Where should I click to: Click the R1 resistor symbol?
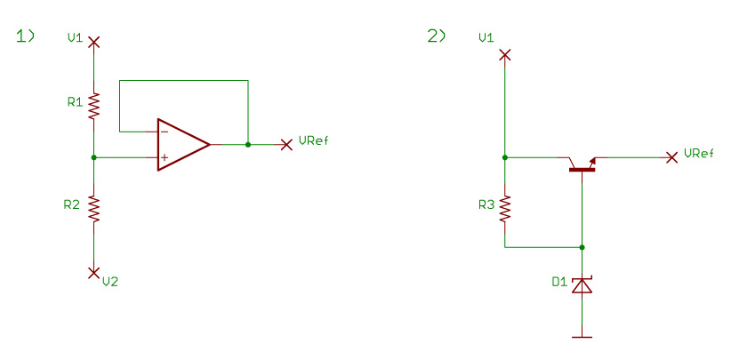tap(93, 106)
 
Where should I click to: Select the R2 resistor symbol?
tap(93, 209)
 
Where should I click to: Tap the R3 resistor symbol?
tap(505, 208)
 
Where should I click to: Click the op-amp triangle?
tap(183, 144)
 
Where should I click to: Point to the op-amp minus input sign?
tap(165, 132)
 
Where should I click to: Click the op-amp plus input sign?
tap(165, 157)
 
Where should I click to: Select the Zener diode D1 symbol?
tap(582, 285)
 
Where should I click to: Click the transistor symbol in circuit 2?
tap(582, 164)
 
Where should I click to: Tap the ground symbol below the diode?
tap(582, 337)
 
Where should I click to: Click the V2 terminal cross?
tap(93, 272)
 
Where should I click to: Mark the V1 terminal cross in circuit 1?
tap(93, 43)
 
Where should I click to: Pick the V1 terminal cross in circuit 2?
tap(505, 55)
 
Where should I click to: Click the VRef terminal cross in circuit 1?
tap(286, 144)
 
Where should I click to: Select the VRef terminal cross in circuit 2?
tap(671, 157)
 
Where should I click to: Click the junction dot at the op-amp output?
tap(248, 144)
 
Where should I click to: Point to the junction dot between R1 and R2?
tap(93, 157)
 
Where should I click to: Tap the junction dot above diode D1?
tap(582, 247)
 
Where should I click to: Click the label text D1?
tap(558, 281)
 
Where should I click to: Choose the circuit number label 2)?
tap(437, 36)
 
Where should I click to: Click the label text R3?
tap(486, 204)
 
